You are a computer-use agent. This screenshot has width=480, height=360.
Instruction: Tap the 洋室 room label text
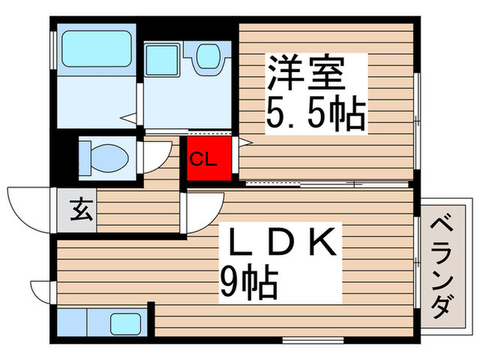(305, 73)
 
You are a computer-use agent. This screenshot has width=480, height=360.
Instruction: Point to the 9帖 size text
(248, 282)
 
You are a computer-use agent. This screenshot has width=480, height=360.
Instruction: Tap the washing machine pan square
(162, 59)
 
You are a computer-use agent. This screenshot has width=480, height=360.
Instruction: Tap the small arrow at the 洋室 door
(245, 142)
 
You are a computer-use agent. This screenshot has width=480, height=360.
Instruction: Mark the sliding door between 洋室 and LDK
(302, 183)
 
